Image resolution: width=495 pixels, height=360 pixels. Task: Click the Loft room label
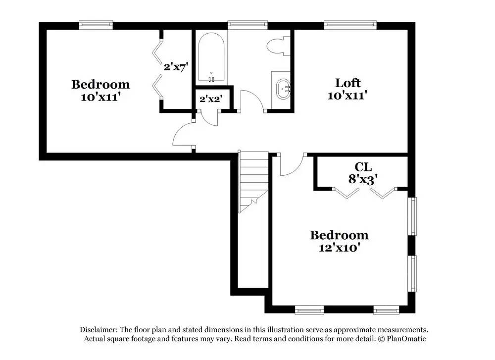click(347, 83)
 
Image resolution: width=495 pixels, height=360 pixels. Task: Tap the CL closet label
click(363, 167)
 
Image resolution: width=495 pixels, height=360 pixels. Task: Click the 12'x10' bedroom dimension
click(339, 247)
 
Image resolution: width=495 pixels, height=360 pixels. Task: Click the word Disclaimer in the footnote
click(98, 330)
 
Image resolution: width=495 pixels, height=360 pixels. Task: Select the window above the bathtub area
click(247, 23)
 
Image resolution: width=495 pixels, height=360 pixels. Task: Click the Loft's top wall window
click(350, 23)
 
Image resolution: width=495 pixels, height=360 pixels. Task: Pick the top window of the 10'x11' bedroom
click(96, 23)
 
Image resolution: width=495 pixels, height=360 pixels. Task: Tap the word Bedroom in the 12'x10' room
click(339, 235)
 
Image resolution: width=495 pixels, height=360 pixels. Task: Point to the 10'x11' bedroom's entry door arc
click(182, 135)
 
